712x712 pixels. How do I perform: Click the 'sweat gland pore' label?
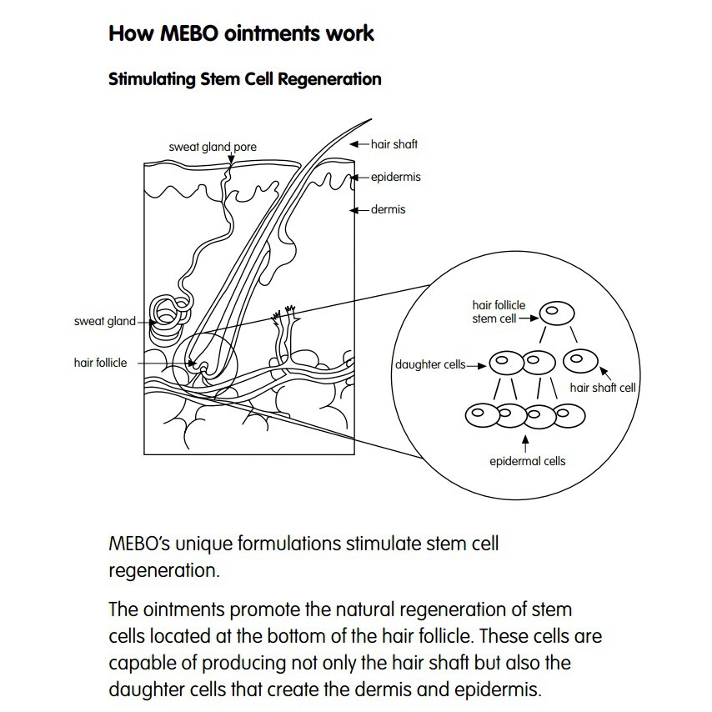(x=213, y=147)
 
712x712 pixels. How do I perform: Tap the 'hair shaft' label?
(x=394, y=144)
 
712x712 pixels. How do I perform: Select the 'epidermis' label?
(x=396, y=177)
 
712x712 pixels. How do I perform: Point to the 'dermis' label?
(x=389, y=210)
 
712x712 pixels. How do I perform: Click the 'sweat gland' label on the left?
(x=105, y=322)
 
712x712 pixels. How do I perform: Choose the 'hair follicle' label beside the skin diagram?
(x=100, y=363)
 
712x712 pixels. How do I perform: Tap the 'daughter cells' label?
(x=430, y=364)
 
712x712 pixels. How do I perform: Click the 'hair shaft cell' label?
(x=603, y=388)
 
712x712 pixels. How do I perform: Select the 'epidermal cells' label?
(x=528, y=461)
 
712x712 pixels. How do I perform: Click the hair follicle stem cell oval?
(x=557, y=313)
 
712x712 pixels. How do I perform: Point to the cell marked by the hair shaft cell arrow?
(x=581, y=361)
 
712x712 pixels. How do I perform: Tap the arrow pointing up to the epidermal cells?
(x=525, y=444)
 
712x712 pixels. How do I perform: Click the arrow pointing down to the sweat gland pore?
(x=231, y=158)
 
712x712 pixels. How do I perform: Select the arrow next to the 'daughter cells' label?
(x=476, y=366)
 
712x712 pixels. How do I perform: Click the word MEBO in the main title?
(x=189, y=33)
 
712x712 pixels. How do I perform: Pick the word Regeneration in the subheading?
(x=329, y=79)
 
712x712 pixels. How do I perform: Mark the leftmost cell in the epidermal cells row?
(x=482, y=415)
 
